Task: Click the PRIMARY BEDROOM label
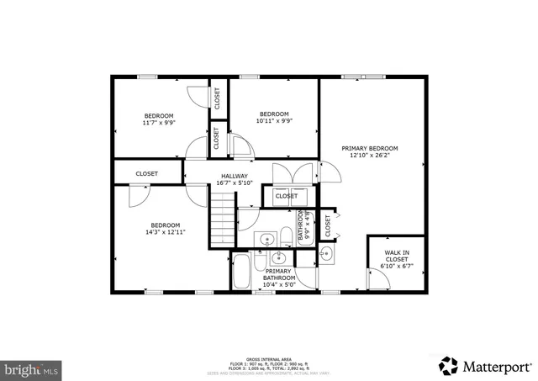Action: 369,148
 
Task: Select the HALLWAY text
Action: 235,176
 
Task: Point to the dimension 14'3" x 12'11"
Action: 166,232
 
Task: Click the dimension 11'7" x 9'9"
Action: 158,123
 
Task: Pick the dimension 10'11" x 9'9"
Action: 274,122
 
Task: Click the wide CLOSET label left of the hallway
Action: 147,174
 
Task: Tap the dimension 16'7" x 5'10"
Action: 235,183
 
